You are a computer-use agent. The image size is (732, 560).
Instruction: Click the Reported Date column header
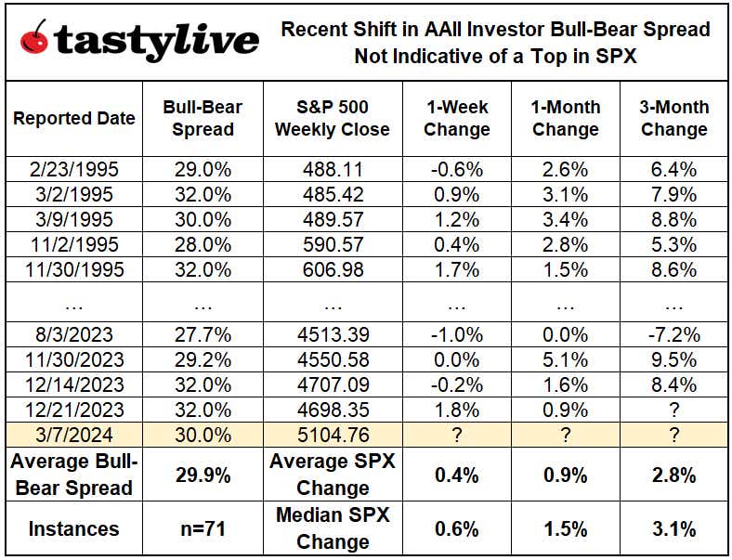click(74, 118)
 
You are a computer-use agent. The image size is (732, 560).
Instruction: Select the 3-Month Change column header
click(673, 118)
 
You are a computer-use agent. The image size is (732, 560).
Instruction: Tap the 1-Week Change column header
click(456, 118)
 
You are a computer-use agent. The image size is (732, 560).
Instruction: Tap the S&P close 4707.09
click(333, 384)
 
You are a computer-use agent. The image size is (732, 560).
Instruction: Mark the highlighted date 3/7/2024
click(74, 434)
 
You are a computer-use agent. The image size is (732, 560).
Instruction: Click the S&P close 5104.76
click(333, 434)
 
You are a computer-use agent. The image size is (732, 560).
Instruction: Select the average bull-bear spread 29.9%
click(203, 475)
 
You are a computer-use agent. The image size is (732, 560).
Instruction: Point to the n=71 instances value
click(203, 529)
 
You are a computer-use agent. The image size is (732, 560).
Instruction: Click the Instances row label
click(74, 529)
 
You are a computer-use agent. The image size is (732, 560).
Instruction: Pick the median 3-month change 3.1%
click(673, 529)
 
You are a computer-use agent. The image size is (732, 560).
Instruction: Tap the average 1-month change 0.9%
click(565, 475)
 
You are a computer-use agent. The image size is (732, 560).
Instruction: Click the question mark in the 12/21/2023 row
click(673, 410)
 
